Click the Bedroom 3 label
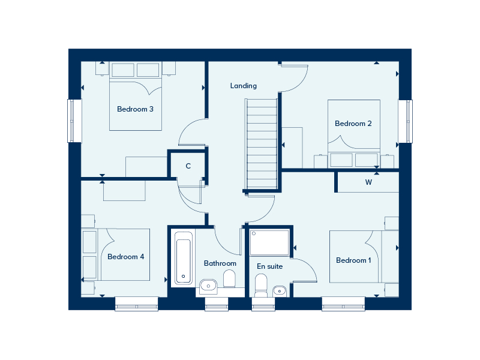[135, 109]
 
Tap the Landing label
[244, 86]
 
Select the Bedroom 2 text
[353, 124]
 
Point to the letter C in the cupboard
[188, 166]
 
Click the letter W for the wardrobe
[368, 182]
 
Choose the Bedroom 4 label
[126, 257]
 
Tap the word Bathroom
[220, 263]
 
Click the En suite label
[269, 266]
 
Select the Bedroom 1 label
[353, 260]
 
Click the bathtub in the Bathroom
[184, 258]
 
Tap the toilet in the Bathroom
[229, 278]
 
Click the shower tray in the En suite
[269, 243]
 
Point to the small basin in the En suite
[279, 291]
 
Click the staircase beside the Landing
[262, 144]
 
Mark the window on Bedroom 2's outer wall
[406, 121]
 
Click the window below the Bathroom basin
[217, 304]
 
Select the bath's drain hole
[184, 277]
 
